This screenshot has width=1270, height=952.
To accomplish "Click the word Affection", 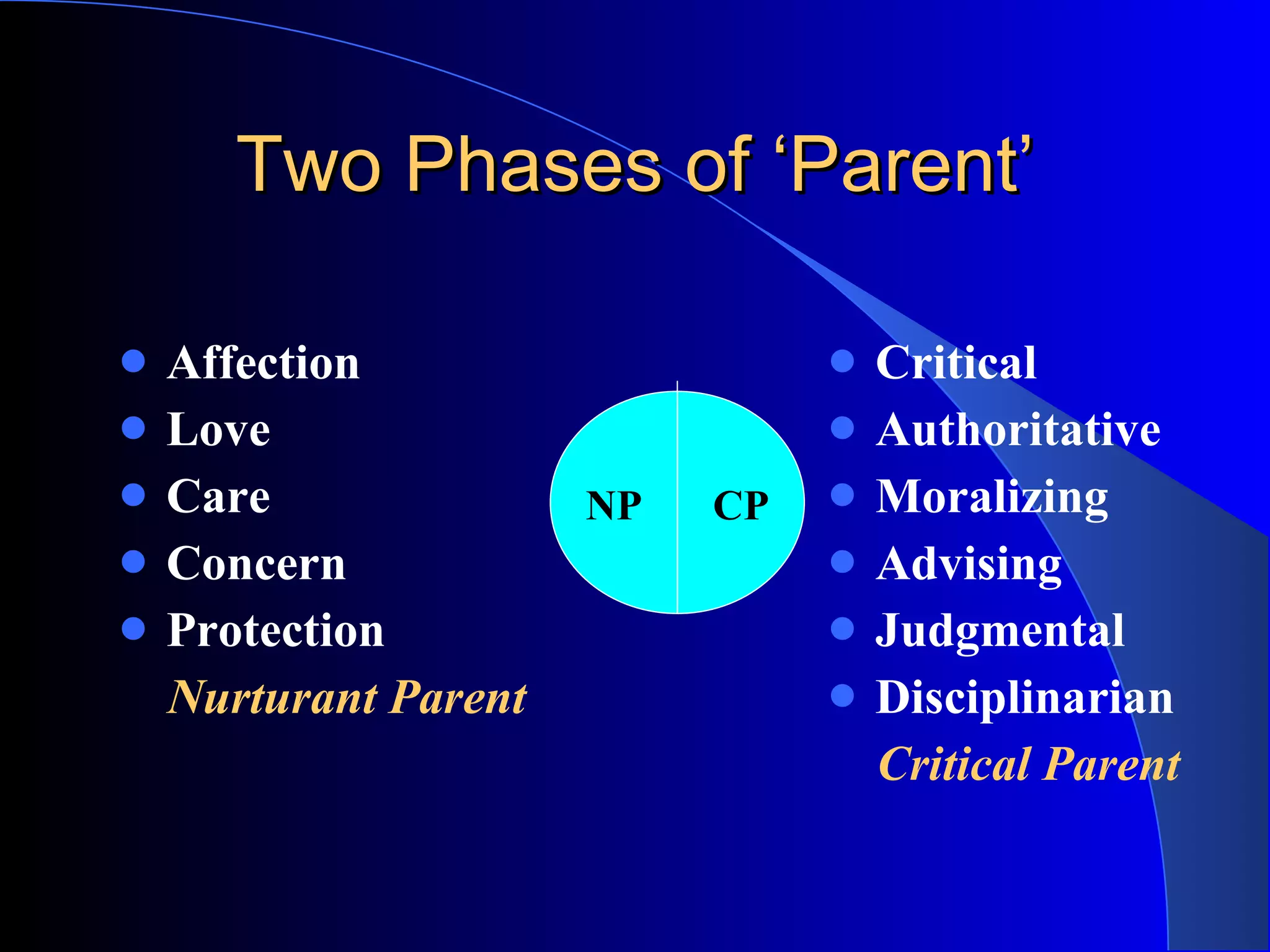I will (263, 363).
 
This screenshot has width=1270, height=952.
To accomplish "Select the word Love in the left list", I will (218, 430).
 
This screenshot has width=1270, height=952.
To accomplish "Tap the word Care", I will (218, 497).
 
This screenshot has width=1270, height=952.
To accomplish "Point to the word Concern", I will (256, 564).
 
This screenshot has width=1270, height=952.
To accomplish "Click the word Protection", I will (275, 631).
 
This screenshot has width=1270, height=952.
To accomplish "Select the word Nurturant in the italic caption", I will (272, 698).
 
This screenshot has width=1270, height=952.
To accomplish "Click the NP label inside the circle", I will (613, 506).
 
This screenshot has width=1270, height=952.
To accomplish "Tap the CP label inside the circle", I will (740, 506).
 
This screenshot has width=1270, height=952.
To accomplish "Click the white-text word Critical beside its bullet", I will (956, 363).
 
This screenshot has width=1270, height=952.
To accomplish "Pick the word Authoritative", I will (1018, 430).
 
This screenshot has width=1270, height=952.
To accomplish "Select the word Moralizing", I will (991, 498).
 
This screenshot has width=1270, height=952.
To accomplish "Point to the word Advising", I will (969, 565).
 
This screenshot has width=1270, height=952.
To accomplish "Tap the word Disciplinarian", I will (1024, 698).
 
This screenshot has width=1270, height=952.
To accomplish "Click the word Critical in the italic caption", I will (954, 765).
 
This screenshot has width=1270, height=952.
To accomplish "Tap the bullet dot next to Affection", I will (133, 361).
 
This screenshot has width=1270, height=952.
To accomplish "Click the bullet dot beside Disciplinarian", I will (842, 695).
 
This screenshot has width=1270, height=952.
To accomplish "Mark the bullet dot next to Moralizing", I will (842, 495).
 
